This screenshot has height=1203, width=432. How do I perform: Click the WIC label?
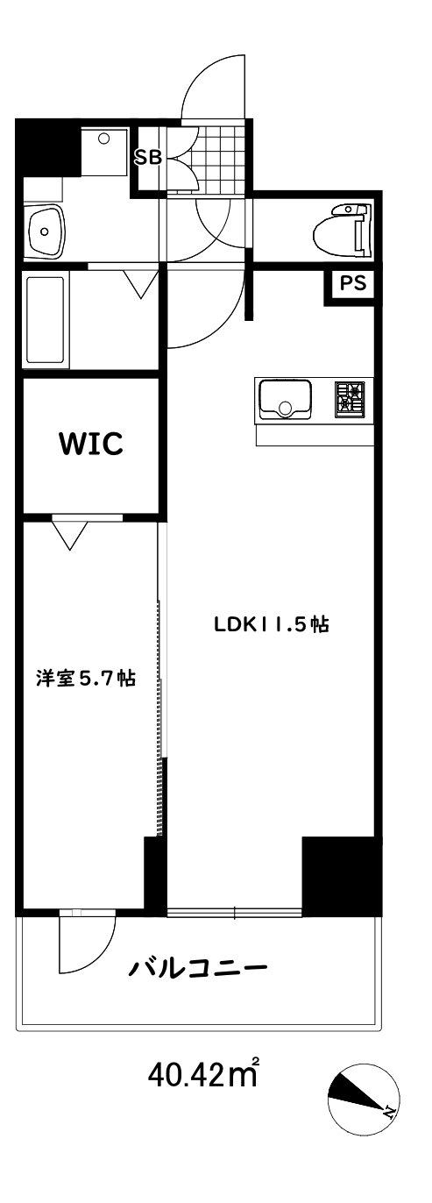click(90, 443)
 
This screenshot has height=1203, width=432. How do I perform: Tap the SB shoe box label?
click(148, 158)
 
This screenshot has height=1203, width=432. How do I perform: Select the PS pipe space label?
click(353, 282)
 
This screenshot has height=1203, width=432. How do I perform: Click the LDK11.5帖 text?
click(272, 624)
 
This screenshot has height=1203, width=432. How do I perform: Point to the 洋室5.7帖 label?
click(86, 679)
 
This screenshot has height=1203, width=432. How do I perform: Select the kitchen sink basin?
click(286, 398)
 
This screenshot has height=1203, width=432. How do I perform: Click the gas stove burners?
click(350, 398)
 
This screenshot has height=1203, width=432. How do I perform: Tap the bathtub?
click(46, 321)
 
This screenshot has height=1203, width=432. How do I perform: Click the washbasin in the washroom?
click(46, 231)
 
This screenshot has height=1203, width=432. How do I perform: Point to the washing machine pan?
click(104, 151)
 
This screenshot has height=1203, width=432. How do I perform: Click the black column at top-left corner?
click(48, 146)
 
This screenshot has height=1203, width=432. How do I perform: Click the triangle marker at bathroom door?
click(141, 283)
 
